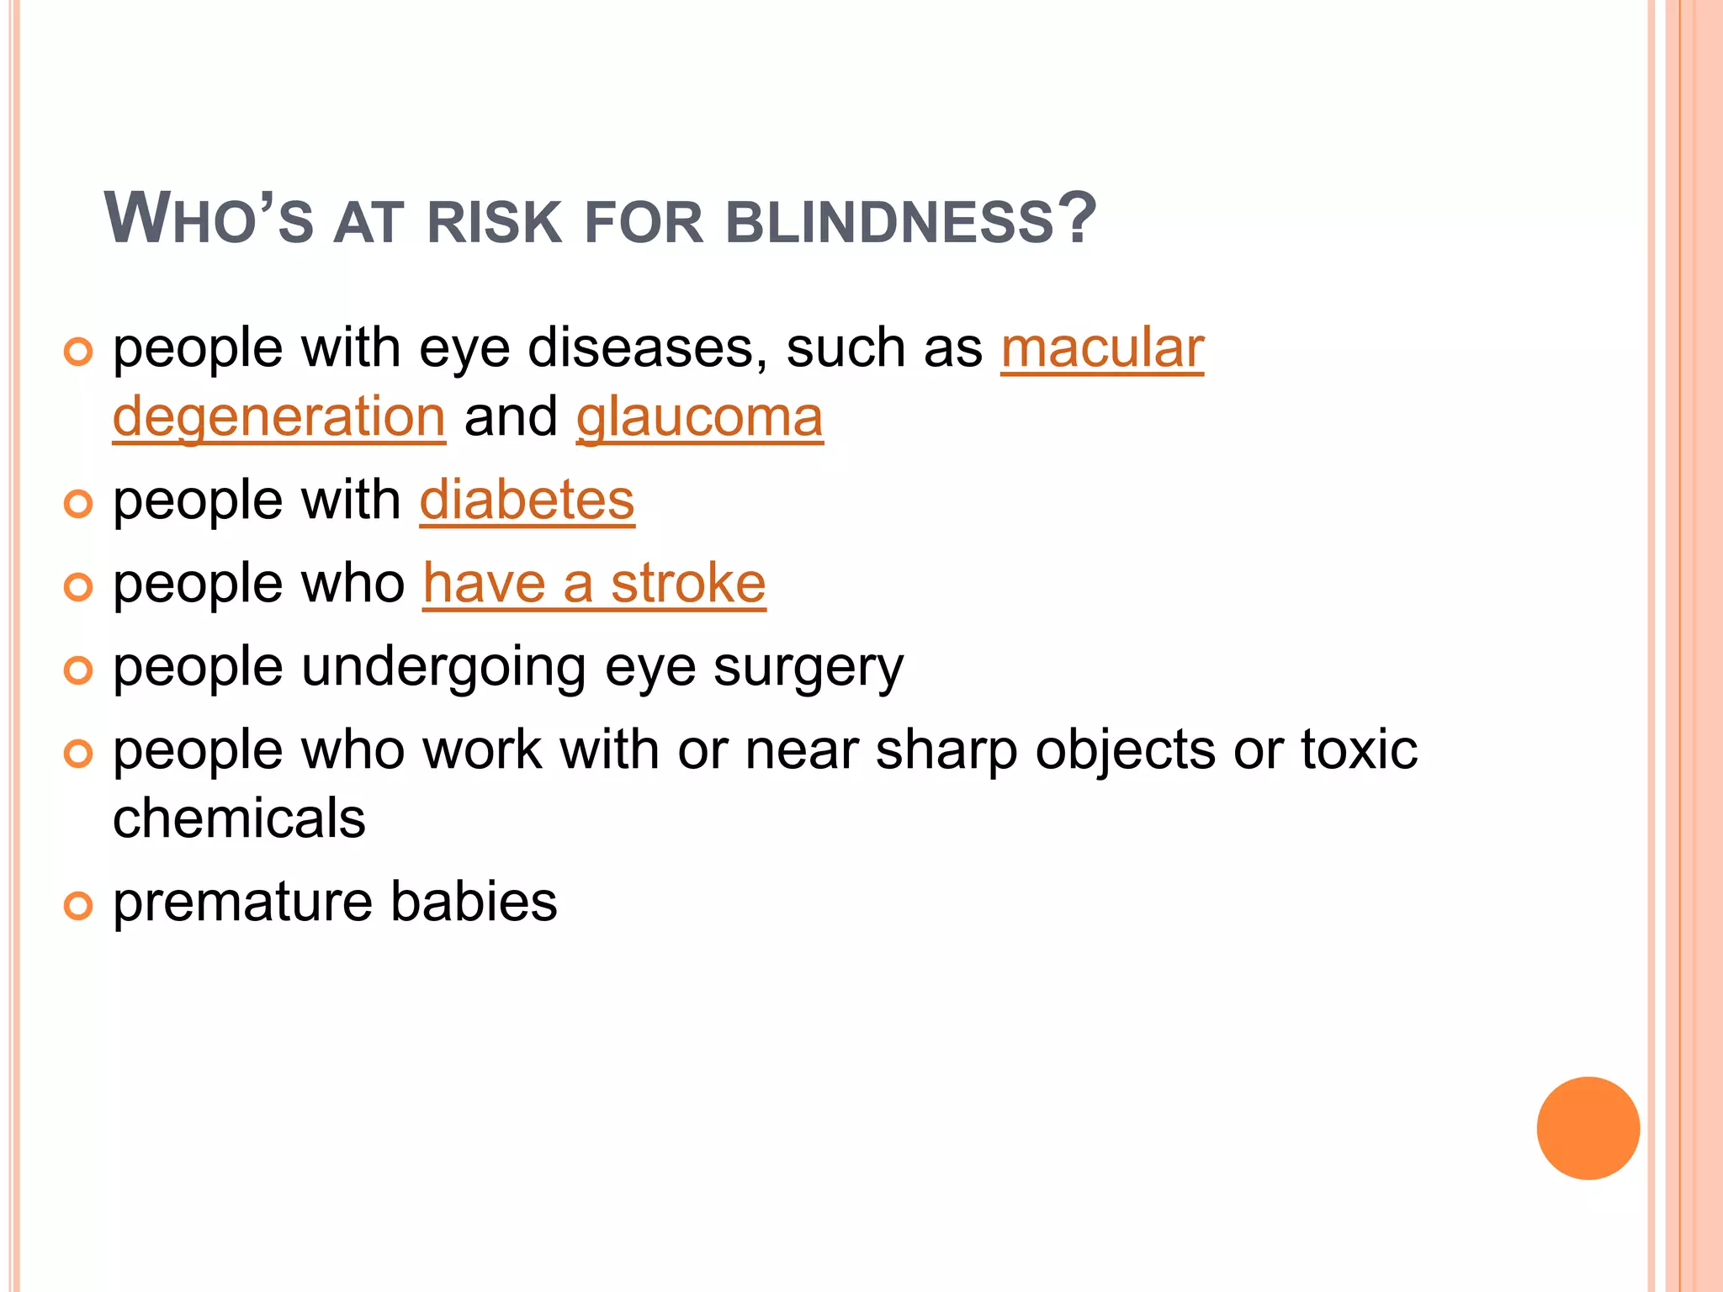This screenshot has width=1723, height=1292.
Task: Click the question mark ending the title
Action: tap(1078, 218)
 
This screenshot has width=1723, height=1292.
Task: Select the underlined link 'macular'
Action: tap(1102, 348)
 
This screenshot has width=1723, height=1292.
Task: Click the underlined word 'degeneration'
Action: tap(278, 417)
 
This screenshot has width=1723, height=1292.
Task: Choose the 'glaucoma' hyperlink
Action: tap(699, 417)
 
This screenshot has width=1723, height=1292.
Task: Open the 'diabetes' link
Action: tap(527, 500)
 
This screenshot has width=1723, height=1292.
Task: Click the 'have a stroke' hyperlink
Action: tap(594, 584)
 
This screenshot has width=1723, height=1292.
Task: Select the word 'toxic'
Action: tap(1359, 750)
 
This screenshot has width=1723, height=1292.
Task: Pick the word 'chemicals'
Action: tap(239, 818)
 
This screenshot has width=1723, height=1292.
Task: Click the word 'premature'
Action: tap(243, 903)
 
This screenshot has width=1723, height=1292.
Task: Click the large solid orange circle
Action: tap(1588, 1128)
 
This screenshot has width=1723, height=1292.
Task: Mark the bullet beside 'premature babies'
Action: tap(77, 906)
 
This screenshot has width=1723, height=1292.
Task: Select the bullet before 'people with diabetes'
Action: tap(77, 504)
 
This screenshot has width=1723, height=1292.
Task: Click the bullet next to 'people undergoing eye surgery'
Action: tap(77, 670)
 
